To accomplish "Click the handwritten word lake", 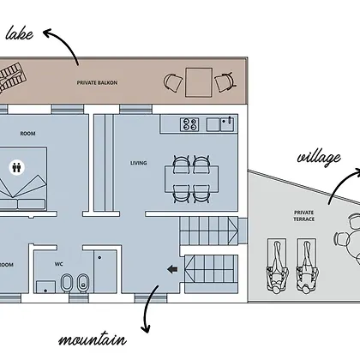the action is [19, 33].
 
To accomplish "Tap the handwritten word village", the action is [319, 158].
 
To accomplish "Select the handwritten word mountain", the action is [93, 339].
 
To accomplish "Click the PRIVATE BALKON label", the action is [97, 83].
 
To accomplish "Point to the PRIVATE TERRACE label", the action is [304, 216].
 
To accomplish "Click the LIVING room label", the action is [139, 163].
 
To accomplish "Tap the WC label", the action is [59, 264].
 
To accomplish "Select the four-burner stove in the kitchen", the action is [189, 124].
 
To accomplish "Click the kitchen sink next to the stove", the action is [228, 124].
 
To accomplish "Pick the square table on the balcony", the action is [199, 82].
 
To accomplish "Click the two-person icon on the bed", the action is [17, 167].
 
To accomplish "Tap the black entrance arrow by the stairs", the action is [172, 269].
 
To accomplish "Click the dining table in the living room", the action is [191, 179].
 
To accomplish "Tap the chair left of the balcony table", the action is [173, 82].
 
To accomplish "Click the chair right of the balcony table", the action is [225, 82].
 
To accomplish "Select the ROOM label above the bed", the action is [27, 134].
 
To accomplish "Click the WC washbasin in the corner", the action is [45, 287].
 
